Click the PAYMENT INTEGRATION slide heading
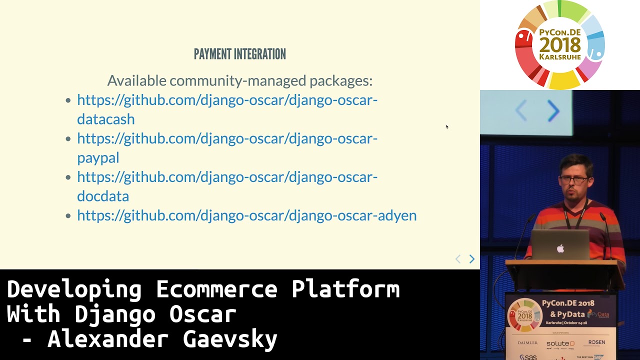(x=239, y=54)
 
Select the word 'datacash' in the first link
(x=105, y=119)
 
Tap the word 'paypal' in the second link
(x=98, y=158)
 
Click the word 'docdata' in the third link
(x=103, y=196)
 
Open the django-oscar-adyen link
(x=246, y=215)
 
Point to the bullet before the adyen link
(x=68, y=216)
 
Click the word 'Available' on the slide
(x=136, y=80)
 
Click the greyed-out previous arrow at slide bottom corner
(x=458, y=259)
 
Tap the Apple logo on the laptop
(x=560, y=248)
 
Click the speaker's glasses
(x=573, y=180)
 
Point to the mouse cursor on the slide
(x=447, y=127)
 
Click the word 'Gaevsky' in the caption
(x=230, y=339)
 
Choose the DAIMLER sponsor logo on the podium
(x=527, y=343)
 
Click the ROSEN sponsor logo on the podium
(x=596, y=342)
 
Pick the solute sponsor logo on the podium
(x=560, y=343)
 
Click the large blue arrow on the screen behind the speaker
(x=553, y=111)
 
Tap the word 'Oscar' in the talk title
(x=202, y=314)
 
